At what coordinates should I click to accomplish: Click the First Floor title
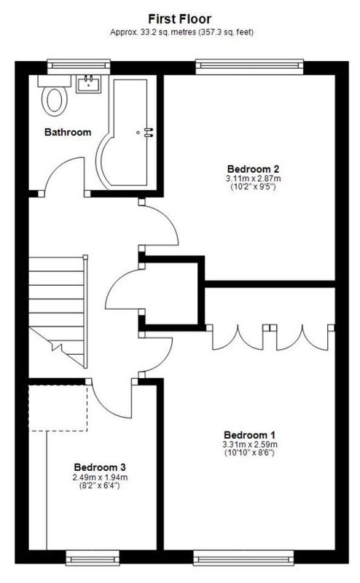179,19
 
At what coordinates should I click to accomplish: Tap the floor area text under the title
182,32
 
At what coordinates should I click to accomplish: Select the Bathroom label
68,132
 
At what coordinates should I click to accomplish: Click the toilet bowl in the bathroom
55,101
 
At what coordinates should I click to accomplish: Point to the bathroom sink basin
88,84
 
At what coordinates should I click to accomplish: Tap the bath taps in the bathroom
149,133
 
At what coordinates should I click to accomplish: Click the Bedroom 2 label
253,170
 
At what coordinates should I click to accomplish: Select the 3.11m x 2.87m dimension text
253,179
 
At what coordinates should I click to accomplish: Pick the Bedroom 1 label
249,434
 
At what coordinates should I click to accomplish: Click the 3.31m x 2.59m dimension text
249,445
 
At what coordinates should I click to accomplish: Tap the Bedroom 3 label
100,467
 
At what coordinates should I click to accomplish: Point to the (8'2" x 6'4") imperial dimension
100,485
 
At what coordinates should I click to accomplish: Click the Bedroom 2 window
249,66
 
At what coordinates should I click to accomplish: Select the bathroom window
79,66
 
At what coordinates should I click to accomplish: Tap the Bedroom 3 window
93,557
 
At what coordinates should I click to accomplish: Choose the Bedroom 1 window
243,557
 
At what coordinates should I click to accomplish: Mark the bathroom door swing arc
56,167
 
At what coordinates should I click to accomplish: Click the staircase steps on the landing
58,312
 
